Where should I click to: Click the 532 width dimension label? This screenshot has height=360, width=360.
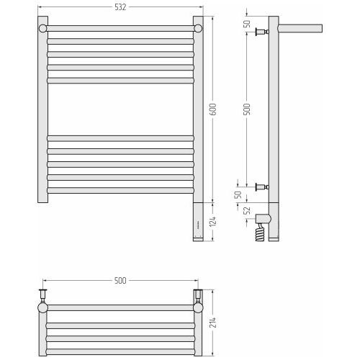(120, 7)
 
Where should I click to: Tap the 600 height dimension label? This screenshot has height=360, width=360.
(213, 109)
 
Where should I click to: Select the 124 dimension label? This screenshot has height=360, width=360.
(213, 221)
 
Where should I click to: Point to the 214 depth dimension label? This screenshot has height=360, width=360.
(213, 323)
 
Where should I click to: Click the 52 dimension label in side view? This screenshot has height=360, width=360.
(247, 210)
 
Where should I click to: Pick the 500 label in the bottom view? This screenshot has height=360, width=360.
(120, 280)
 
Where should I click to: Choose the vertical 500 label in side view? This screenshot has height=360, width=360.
(247, 109)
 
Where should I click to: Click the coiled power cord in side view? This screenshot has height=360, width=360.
(261, 232)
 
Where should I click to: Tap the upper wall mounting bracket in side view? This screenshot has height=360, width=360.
(262, 32)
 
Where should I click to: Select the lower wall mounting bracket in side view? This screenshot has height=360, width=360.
(262, 186)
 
